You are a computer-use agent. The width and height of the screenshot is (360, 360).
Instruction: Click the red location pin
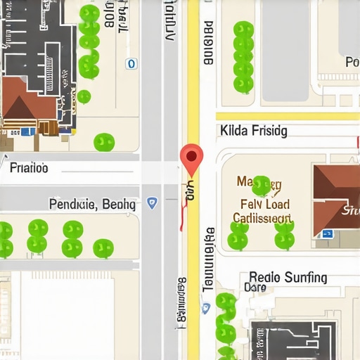pos(191,157)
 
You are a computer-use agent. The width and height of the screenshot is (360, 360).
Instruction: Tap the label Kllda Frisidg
pos(253,130)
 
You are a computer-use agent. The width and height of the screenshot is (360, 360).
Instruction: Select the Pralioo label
pos(29,169)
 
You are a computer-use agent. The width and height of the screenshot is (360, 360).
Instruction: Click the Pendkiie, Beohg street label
pos(92,204)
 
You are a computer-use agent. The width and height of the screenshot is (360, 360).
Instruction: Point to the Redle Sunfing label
pos(288,277)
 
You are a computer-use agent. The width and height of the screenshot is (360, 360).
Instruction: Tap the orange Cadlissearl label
pos(262,218)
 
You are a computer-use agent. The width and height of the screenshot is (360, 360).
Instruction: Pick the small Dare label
pos(255,288)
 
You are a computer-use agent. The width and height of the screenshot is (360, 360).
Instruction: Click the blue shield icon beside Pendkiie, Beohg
pos(152,203)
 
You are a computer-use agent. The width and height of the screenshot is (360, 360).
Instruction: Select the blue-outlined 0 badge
pos(130,64)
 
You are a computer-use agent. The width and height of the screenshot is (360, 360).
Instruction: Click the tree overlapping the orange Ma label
pos(262,185)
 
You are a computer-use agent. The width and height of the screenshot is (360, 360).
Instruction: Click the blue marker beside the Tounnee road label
pos(205,308)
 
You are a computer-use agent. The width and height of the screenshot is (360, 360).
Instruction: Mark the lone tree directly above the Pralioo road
pos(104,143)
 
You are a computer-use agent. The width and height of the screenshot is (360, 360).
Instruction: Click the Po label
pos(352,63)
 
